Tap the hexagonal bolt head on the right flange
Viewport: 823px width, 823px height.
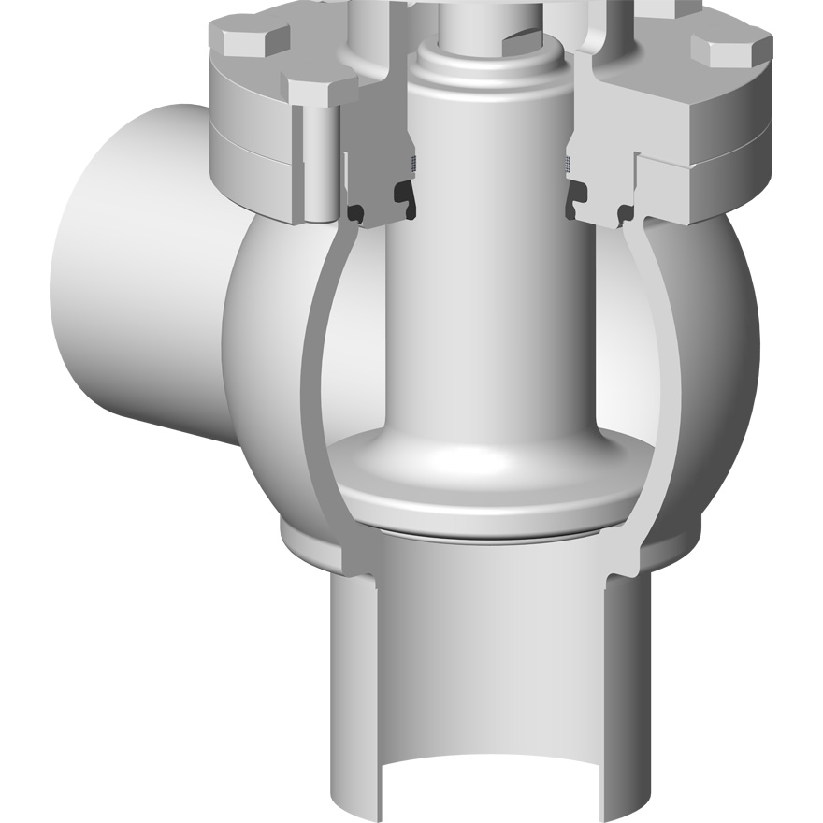point(731,45)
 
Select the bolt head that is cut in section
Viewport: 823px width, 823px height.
point(320,88)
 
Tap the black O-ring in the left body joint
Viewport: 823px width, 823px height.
point(357,214)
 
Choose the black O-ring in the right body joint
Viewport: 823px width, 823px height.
point(620,214)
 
